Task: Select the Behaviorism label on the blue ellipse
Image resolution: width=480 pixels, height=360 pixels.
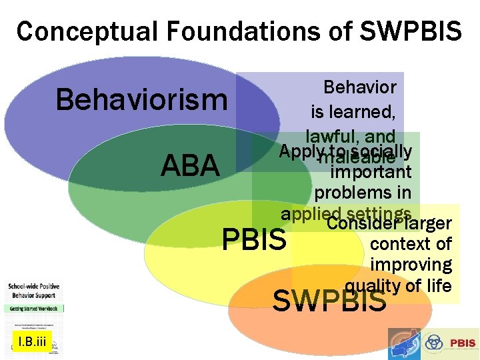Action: (141, 101)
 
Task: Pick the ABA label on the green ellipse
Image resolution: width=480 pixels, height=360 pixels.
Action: (190, 166)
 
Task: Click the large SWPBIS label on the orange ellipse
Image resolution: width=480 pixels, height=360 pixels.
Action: (330, 301)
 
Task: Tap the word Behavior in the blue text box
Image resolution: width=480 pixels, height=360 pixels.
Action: (359, 87)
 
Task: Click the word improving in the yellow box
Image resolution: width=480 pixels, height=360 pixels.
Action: (411, 265)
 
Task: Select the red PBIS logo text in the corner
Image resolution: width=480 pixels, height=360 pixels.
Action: (462, 343)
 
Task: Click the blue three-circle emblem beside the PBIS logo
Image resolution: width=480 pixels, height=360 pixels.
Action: (434, 343)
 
